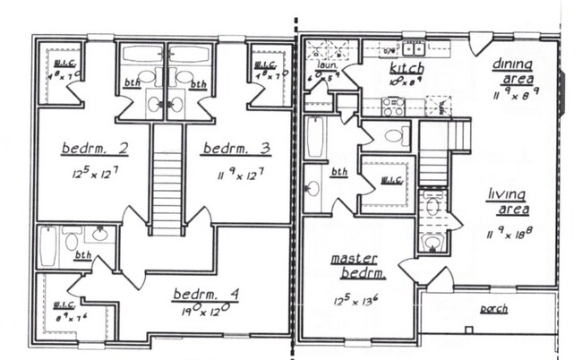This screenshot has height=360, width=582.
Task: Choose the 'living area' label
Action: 508,201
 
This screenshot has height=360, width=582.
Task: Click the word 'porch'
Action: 493,309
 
